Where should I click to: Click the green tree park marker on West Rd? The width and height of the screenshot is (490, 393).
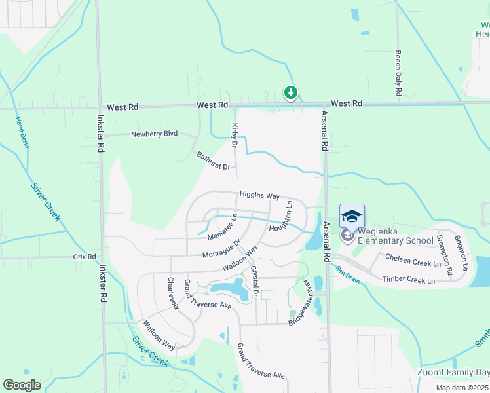pyautogui.click(x=290, y=93)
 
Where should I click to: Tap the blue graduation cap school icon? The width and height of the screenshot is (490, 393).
pyautogui.click(x=351, y=216)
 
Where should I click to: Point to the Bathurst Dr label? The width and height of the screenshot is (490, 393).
pyautogui.click(x=214, y=160)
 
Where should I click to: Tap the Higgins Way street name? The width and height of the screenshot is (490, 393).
pyautogui.click(x=259, y=195)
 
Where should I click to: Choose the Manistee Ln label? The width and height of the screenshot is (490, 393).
pyautogui.click(x=222, y=227)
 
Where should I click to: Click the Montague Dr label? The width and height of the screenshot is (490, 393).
pyautogui.click(x=221, y=249)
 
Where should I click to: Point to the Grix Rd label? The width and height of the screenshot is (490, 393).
pyautogui.click(x=85, y=257)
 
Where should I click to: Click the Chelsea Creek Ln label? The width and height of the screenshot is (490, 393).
pyautogui.click(x=413, y=260)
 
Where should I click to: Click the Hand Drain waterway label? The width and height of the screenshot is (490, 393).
pyautogui.click(x=22, y=132)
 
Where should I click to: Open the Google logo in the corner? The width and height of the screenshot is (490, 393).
pyautogui.click(x=22, y=384)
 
